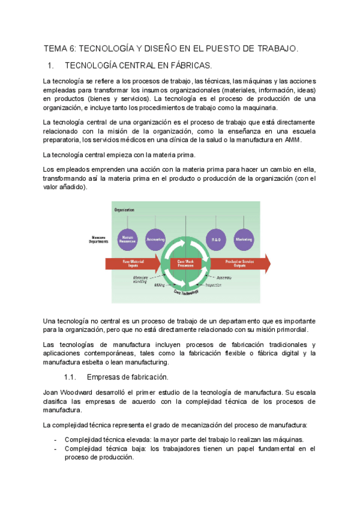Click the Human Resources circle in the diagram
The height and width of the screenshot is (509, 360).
coord(128,239)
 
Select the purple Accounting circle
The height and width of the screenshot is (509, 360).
coord(155,239)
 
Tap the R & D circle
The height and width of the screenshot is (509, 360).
coord(215,239)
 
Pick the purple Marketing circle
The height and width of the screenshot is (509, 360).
coord(243,239)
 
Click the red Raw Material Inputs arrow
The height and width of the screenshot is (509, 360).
coord(133,263)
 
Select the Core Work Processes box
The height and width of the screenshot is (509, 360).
coord(186,263)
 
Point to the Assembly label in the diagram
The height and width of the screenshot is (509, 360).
coord(225,277)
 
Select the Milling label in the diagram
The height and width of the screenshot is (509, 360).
coord(160,285)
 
